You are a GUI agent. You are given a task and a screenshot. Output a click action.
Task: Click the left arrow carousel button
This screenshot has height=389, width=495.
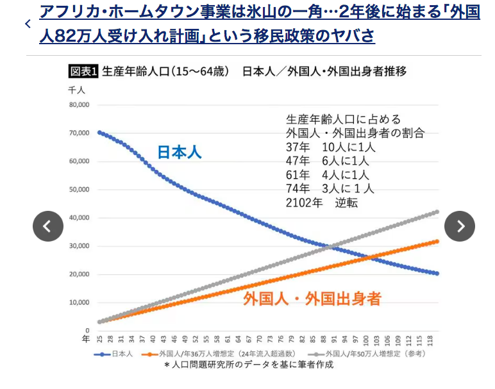point(48,226)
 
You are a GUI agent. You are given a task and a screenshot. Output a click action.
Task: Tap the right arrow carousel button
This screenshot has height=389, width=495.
point(460,226)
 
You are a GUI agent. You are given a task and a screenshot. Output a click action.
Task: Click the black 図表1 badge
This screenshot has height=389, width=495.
point(83,71)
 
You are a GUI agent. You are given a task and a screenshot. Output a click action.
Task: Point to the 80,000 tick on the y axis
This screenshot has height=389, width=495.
point(80,104)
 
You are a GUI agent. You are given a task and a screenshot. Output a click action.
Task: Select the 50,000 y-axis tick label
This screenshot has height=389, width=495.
point(80,189)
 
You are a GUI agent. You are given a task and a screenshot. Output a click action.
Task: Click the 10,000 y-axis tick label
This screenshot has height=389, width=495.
point(80,302)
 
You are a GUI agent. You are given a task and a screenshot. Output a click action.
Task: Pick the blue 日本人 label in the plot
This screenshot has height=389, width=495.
point(180,153)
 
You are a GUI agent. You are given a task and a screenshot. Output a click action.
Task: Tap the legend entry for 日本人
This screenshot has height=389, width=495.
point(114,353)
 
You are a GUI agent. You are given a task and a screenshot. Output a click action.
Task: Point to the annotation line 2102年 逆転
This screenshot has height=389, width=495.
point(321,203)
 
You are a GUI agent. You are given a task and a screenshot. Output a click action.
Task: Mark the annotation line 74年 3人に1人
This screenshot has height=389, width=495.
point(330,188)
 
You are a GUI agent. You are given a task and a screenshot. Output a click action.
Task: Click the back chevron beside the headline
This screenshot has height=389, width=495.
point(28,24)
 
